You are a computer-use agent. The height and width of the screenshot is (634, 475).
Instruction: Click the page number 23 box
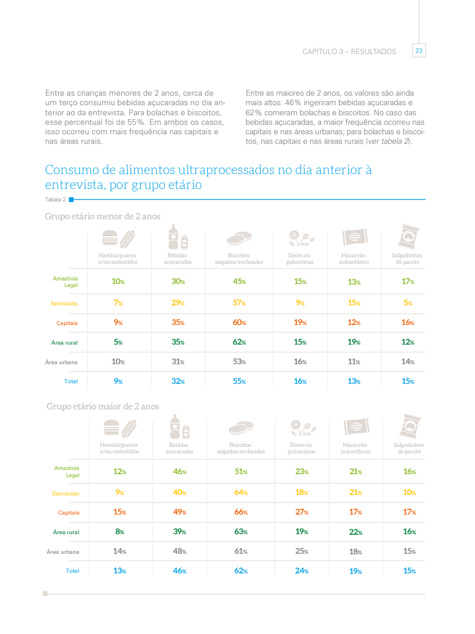pyautogui.click(x=419, y=51)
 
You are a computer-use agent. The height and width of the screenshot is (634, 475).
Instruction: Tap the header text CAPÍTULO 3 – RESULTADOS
pyautogui.click(x=349, y=52)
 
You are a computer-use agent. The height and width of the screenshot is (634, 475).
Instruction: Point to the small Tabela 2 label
pyautogui.click(x=55, y=200)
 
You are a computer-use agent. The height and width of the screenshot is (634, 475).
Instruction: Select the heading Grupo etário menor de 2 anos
pyautogui.click(x=103, y=216)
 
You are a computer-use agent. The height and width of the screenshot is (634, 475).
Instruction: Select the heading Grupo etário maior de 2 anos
pyautogui.click(x=103, y=406)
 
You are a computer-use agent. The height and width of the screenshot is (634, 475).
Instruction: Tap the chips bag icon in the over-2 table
pyautogui.click(x=408, y=427)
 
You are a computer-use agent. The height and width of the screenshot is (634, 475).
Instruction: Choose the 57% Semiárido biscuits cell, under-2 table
pyautogui.click(x=239, y=303)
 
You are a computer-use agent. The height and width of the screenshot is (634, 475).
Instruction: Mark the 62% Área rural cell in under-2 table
pyautogui.click(x=239, y=342)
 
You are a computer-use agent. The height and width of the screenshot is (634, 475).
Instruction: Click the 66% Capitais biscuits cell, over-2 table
pyautogui.click(x=240, y=512)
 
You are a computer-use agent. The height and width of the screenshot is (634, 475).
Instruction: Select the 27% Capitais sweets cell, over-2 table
pyautogui.click(x=302, y=512)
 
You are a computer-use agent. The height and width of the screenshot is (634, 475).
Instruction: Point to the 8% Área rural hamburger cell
pyautogui.click(x=119, y=532)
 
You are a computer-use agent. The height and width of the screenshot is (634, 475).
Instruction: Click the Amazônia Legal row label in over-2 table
pyautogui.click(x=66, y=471)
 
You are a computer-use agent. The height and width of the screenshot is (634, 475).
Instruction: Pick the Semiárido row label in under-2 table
pyautogui.click(x=64, y=304)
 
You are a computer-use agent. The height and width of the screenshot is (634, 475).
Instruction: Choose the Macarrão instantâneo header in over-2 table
pyautogui.click(x=355, y=448)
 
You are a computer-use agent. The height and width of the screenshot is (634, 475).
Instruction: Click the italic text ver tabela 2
pyautogui.click(x=388, y=141)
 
